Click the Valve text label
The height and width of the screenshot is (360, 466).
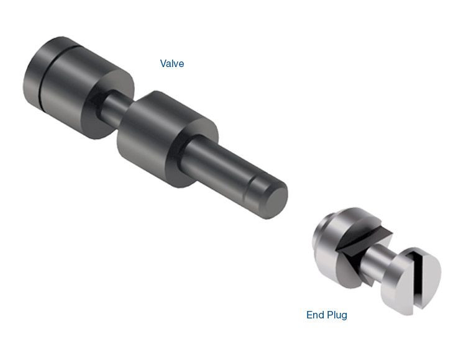pos(172,63)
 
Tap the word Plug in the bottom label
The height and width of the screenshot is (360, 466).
pos(337,315)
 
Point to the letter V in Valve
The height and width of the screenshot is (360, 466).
pos(163,63)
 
